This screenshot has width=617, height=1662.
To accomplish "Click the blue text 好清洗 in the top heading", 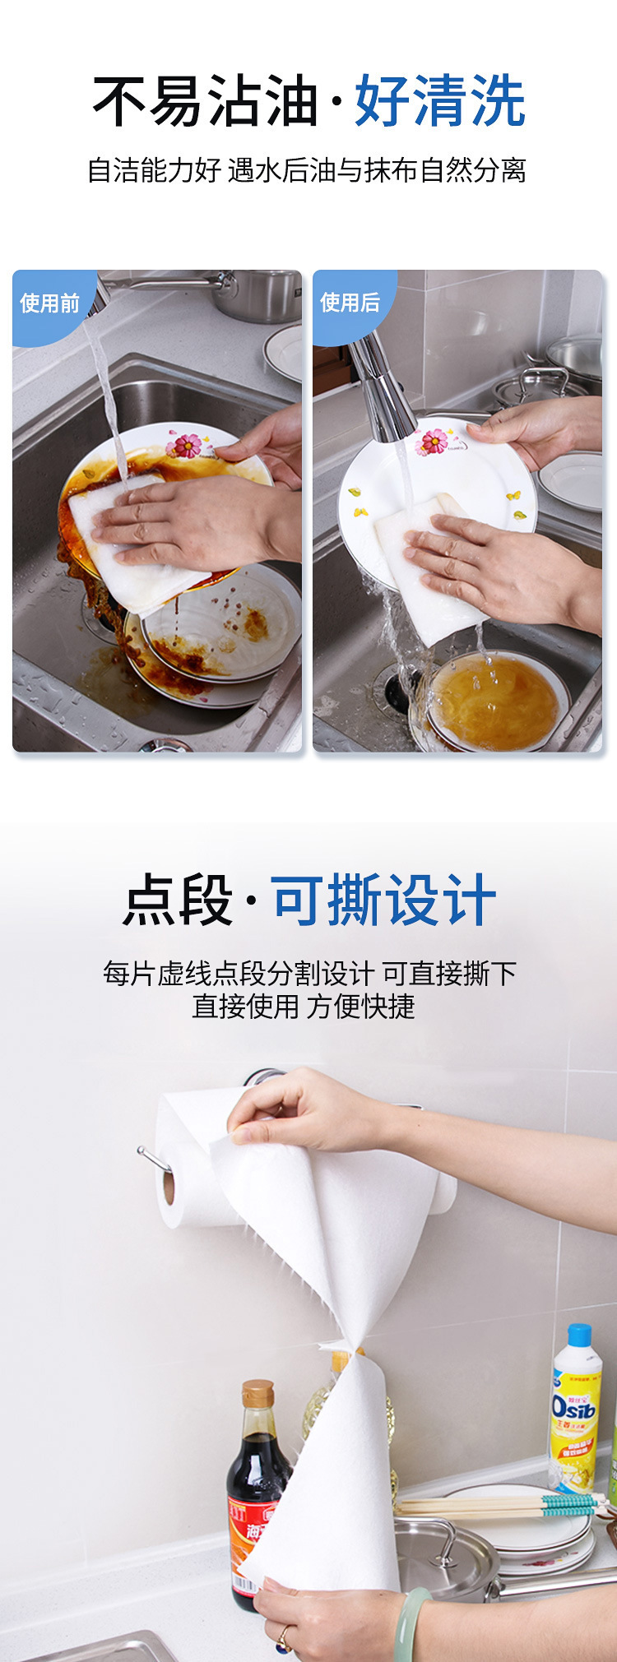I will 439,101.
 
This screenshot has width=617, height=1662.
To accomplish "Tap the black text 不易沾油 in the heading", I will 205,101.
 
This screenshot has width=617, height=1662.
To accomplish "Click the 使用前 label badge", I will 49,303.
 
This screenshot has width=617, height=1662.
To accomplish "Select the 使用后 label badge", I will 350,303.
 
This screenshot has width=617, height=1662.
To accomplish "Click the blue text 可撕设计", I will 383,900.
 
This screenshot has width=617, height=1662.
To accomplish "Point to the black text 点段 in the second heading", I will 178,900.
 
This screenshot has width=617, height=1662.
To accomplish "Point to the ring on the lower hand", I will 284,1640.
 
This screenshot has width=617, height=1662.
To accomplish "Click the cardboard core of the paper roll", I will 169,1188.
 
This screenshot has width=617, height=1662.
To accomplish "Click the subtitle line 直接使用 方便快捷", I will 304,1007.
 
